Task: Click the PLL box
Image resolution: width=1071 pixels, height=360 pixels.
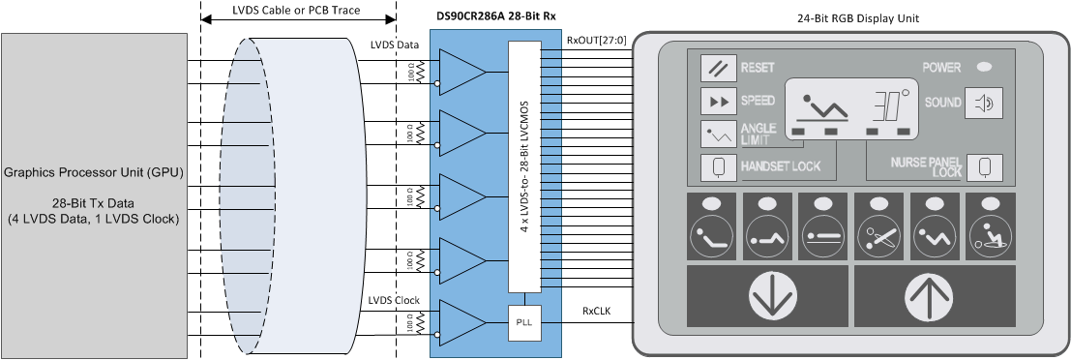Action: pos(522,320)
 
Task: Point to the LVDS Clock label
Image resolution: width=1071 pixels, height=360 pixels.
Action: pos(395,300)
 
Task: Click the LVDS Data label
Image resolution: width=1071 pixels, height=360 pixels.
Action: pos(395,45)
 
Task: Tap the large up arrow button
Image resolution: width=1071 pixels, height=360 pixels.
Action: pos(934,298)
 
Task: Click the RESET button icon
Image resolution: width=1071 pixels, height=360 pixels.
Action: pos(719,69)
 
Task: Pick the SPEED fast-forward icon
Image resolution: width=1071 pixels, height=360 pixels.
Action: pos(719,101)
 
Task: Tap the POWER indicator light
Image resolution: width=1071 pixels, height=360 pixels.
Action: pos(985,68)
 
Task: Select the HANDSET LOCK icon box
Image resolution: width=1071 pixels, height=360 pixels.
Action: pos(719,166)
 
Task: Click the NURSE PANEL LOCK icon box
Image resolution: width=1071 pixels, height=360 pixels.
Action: pos(983,166)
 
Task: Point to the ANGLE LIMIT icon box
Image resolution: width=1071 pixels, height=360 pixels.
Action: pos(719,134)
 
